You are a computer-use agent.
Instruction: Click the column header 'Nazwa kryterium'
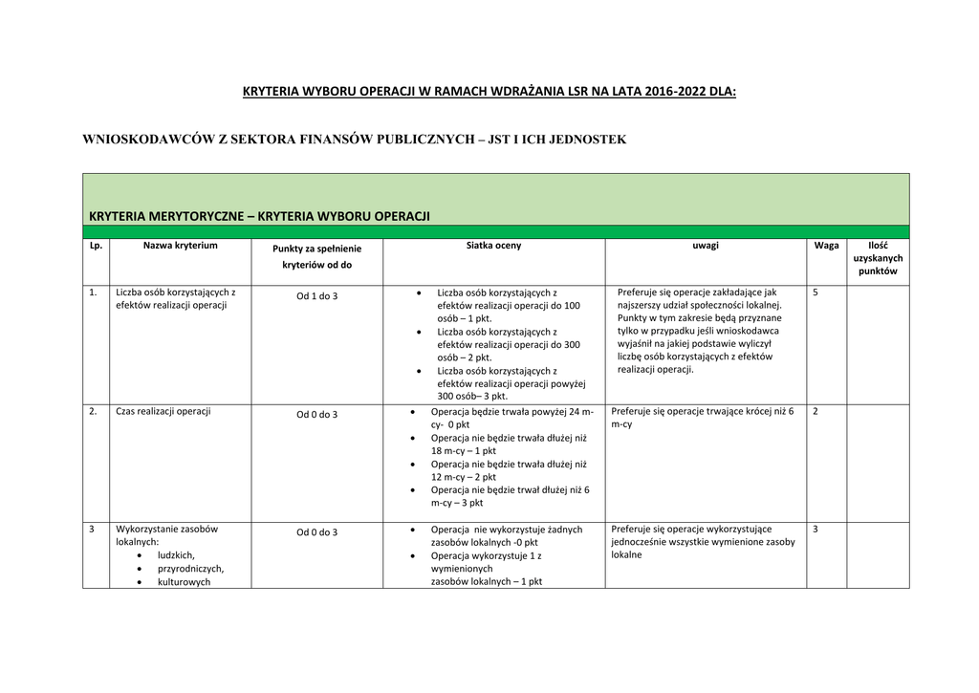point(181,246)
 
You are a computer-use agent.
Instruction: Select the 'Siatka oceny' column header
point(493,246)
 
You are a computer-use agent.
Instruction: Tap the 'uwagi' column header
point(706,246)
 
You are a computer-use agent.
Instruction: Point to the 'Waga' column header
point(826,246)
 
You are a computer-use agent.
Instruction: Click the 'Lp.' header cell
point(96,246)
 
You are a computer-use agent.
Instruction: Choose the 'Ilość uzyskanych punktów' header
point(878,258)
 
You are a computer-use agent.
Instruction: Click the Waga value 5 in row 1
point(816,292)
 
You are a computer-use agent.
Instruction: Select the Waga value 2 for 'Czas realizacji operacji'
point(816,411)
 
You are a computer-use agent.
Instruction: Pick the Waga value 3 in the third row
point(816,530)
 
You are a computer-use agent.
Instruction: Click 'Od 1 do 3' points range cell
point(316,296)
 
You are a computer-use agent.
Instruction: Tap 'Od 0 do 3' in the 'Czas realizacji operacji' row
point(316,415)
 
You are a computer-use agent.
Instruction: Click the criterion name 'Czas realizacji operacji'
point(163,411)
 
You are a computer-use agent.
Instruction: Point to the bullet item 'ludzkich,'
point(176,555)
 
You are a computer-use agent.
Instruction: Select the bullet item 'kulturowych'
point(184,581)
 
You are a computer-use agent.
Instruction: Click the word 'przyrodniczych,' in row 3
point(190,568)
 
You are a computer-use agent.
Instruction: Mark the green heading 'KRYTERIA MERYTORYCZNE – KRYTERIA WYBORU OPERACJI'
point(259,216)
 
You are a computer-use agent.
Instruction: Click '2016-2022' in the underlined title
point(676,93)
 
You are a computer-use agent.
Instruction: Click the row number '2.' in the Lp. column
point(94,411)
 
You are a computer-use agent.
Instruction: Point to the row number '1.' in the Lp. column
point(94,292)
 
